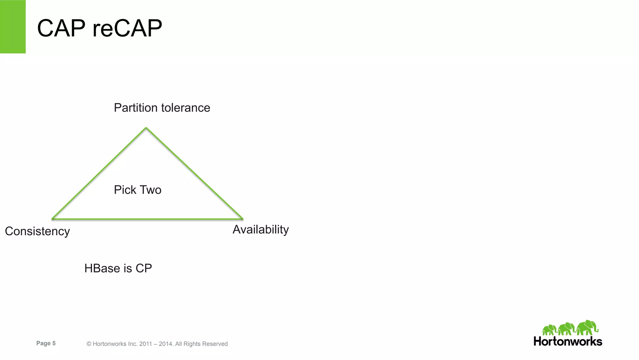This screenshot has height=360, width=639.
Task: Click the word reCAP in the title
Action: click(127, 28)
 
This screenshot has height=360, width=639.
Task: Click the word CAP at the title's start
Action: click(61, 28)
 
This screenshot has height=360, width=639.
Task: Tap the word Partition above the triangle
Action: click(136, 108)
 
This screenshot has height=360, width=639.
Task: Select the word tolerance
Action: click(186, 108)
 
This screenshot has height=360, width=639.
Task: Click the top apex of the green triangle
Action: click(146, 128)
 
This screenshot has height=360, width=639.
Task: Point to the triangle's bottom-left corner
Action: click(52, 219)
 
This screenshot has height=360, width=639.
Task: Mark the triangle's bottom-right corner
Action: click(242, 219)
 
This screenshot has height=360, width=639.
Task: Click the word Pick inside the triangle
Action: click(125, 190)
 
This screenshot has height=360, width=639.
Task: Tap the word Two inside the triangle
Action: click(151, 190)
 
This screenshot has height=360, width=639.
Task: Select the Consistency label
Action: click(37, 231)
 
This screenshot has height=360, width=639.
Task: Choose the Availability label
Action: click(261, 229)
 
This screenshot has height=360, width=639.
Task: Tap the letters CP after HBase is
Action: click(144, 268)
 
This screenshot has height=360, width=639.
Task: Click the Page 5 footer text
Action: click(46, 343)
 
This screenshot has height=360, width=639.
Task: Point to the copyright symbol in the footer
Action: click(89, 344)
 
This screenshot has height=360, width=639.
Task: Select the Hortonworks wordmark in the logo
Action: click(568, 341)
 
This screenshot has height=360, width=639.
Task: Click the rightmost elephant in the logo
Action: click(587, 328)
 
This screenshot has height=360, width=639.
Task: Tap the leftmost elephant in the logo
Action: click(549, 330)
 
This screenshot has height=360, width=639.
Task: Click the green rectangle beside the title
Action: click(13, 27)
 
